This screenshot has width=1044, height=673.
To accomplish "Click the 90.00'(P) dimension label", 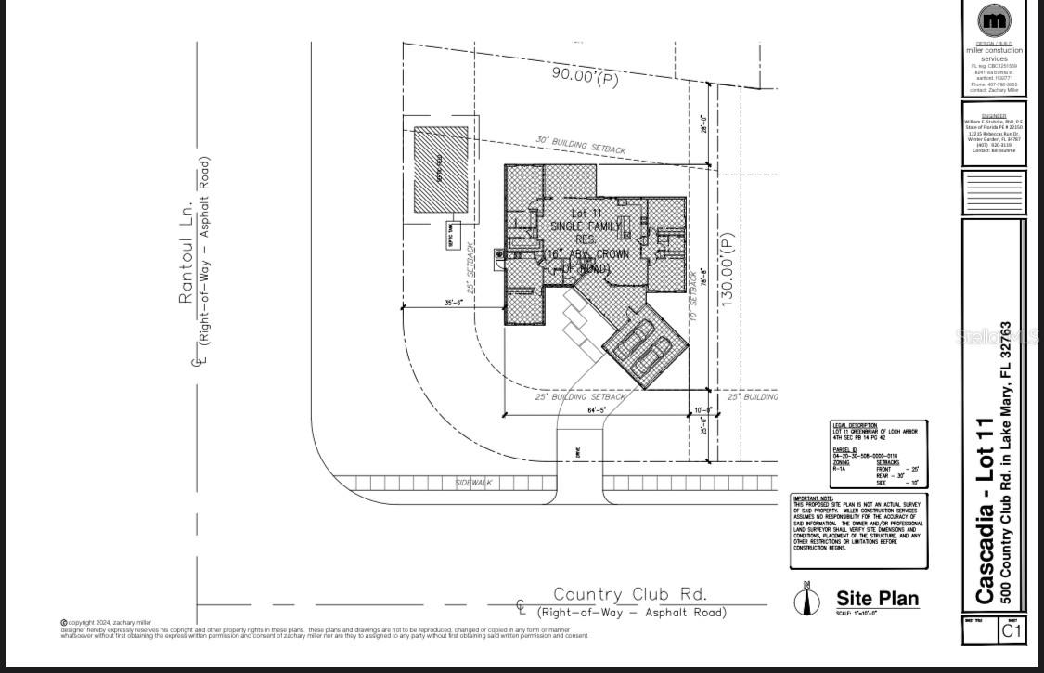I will tap(585, 76).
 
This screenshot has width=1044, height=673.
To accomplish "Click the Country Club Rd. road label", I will tap(630, 594).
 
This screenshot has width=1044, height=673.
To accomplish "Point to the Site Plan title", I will tap(877, 599).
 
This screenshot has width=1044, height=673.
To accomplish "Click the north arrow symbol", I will tap(807, 599).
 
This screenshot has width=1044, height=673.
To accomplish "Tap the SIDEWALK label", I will tap(473, 484).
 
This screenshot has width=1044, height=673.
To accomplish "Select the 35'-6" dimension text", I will tap(454, 302).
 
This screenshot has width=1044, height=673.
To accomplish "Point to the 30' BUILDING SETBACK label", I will tap(580, 145).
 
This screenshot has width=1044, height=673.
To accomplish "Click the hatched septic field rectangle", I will tap(441, 170).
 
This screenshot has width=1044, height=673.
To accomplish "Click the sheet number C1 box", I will tap(1012, 631).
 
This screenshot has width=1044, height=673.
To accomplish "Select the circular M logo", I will tap(994, 20).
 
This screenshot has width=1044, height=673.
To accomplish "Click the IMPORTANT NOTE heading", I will tap(814, 498).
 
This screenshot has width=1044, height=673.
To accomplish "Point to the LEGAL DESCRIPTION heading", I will tap(855, 425).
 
